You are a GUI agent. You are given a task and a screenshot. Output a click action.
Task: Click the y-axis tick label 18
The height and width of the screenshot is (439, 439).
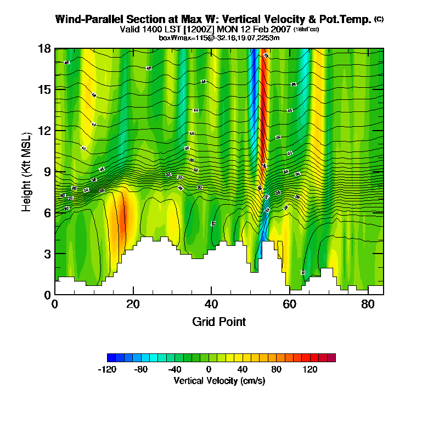(x=45, y=49)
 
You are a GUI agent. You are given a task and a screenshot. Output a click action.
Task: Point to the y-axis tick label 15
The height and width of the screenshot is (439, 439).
(x=45, y=89)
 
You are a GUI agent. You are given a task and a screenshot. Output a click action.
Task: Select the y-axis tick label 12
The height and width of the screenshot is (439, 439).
(x=45, y=131)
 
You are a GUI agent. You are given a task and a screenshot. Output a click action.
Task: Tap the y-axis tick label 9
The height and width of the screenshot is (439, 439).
(x=47, y=172)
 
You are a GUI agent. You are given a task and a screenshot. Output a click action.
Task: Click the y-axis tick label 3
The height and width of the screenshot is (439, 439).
(x=47, y=254)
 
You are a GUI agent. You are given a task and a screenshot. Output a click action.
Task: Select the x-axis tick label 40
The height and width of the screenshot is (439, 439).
(x=211, y=304)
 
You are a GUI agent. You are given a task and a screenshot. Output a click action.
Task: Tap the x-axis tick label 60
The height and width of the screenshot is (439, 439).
(x=290, y=304)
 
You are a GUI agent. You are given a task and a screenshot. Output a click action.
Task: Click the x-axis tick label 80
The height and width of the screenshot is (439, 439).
(x=368, y=304)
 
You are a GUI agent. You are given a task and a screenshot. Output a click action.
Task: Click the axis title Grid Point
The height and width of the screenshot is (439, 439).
(x=219, y=322)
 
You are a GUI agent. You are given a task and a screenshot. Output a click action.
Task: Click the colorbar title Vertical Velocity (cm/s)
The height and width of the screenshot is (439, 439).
(x=219, y=381)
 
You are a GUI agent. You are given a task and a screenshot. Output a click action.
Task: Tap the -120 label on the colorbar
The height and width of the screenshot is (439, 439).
(x=107, y=369)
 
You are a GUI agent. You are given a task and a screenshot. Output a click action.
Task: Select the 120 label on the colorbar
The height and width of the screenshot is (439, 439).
(x=310, y=369)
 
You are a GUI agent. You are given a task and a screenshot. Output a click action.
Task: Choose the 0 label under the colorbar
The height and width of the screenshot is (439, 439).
(x=209, y=369)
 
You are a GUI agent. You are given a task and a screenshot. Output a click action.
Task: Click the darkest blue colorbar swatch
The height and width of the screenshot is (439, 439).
(x=111, y=358)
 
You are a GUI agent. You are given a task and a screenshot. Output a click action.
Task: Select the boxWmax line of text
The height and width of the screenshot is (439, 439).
(x=219, y=37)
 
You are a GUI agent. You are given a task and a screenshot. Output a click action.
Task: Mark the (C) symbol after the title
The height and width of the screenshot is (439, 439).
(x=379, y=19)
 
